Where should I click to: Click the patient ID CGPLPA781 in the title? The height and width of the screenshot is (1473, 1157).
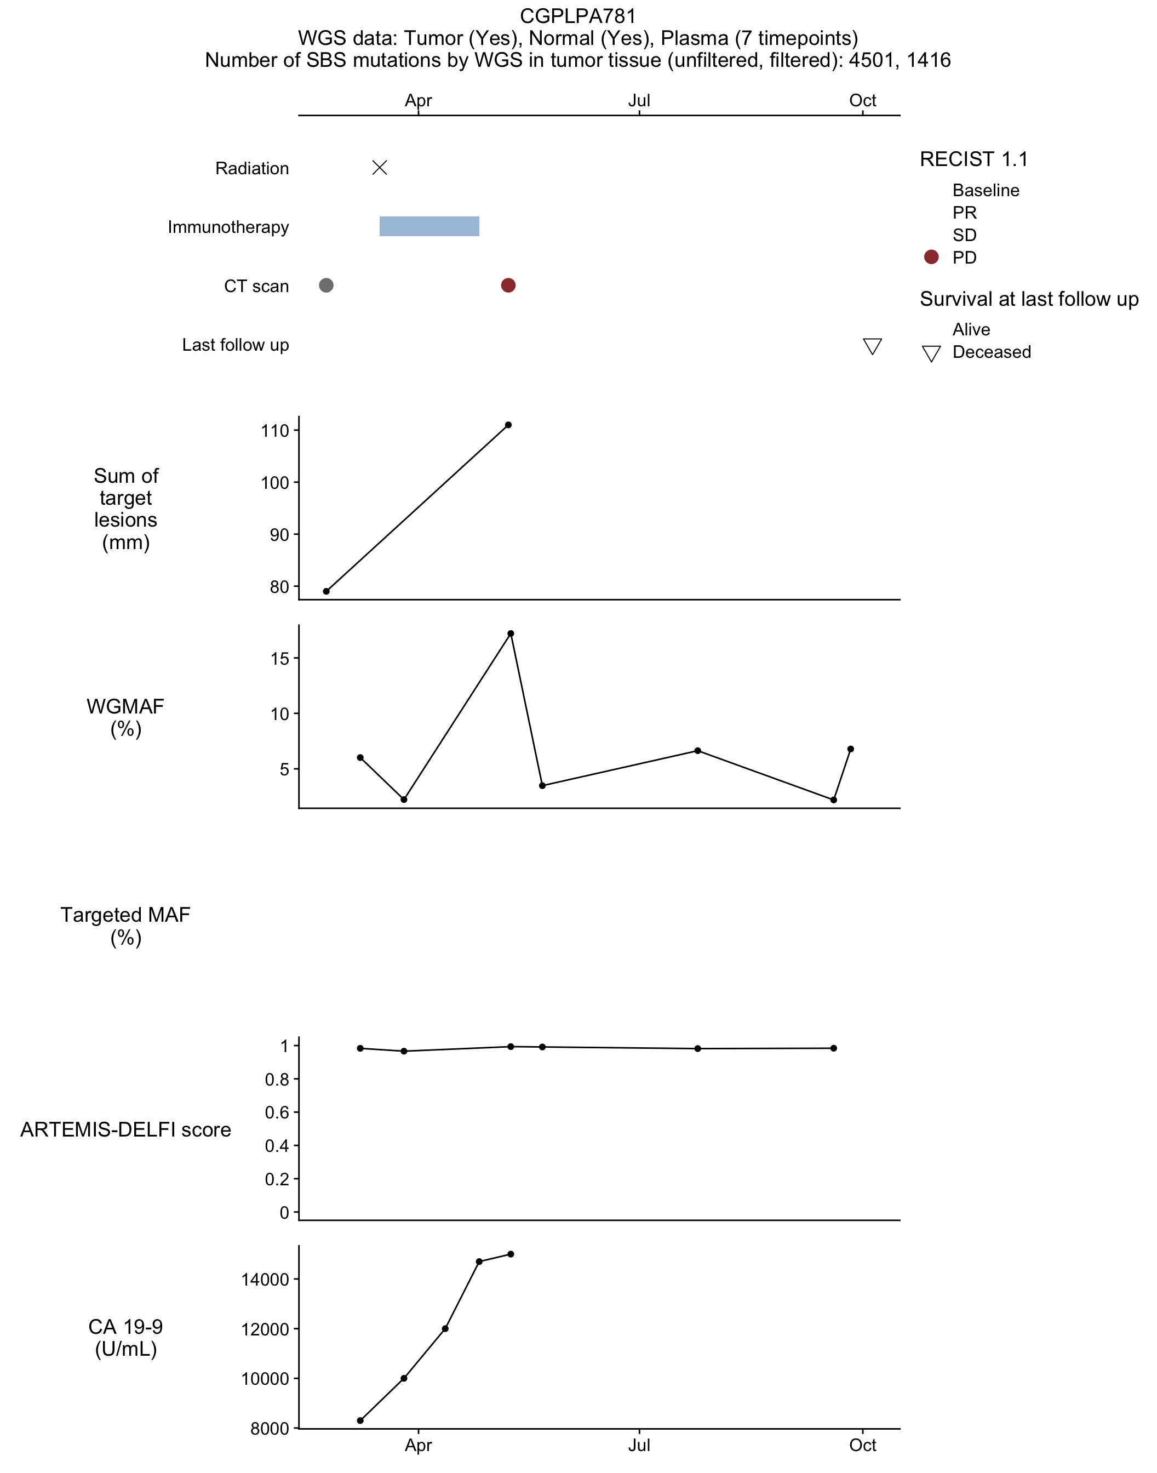coord(578,15)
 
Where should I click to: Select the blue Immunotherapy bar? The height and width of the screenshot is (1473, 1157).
coord(429,226)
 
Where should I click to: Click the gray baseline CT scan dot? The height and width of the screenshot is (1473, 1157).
coord(326,286)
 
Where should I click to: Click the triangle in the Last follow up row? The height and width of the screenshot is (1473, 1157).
coord(873,346)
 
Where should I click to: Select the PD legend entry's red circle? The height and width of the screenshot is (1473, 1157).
coord(931,257)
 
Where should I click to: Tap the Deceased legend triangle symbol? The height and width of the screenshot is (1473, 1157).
coord(931,353)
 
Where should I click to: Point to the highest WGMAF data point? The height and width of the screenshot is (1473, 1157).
coord(511,633)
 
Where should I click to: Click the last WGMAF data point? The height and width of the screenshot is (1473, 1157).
coord(851,749)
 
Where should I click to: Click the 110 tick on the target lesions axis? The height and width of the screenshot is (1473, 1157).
coord(275,431)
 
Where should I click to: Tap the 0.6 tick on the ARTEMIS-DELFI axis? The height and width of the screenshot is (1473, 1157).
coord(277,1112)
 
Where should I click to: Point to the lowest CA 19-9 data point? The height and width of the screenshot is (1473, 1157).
coord(360,1420)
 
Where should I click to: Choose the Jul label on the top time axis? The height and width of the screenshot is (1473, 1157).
coord(639,101)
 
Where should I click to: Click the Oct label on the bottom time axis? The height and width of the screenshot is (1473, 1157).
coord(862,1445)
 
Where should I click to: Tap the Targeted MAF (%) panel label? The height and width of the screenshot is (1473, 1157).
coord(125,926)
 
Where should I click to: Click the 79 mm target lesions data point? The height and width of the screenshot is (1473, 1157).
coord(326,591)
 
